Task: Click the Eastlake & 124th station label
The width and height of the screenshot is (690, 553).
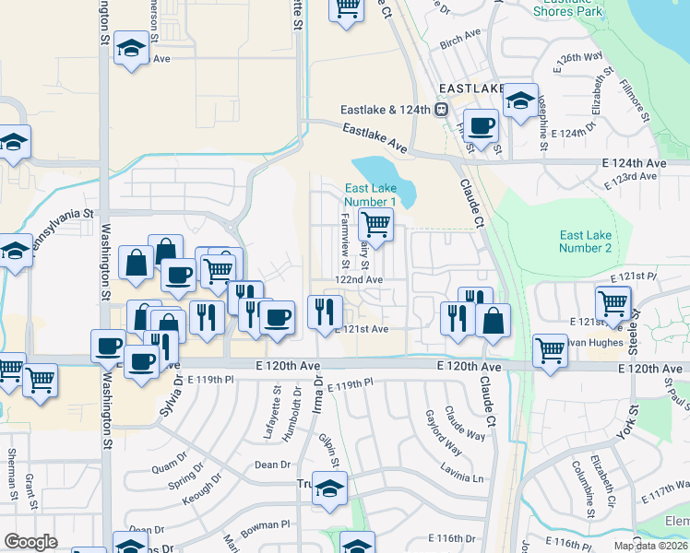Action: click(386, 110)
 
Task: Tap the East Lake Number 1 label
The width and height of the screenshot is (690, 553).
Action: click(370, 194)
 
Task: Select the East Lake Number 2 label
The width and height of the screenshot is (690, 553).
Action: click(586, 241)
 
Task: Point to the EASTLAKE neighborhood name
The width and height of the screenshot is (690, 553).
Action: click(470, 88)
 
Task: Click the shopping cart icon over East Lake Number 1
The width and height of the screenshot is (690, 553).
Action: click(375, 224)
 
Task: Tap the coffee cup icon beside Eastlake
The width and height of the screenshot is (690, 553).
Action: click(480, 124)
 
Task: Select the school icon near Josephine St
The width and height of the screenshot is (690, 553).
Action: click(521, 98)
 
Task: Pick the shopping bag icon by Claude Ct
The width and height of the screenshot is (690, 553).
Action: click(494, 321)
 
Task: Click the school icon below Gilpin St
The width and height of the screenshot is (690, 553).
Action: click(329, 488)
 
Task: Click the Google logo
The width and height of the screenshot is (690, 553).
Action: click(31, 542)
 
